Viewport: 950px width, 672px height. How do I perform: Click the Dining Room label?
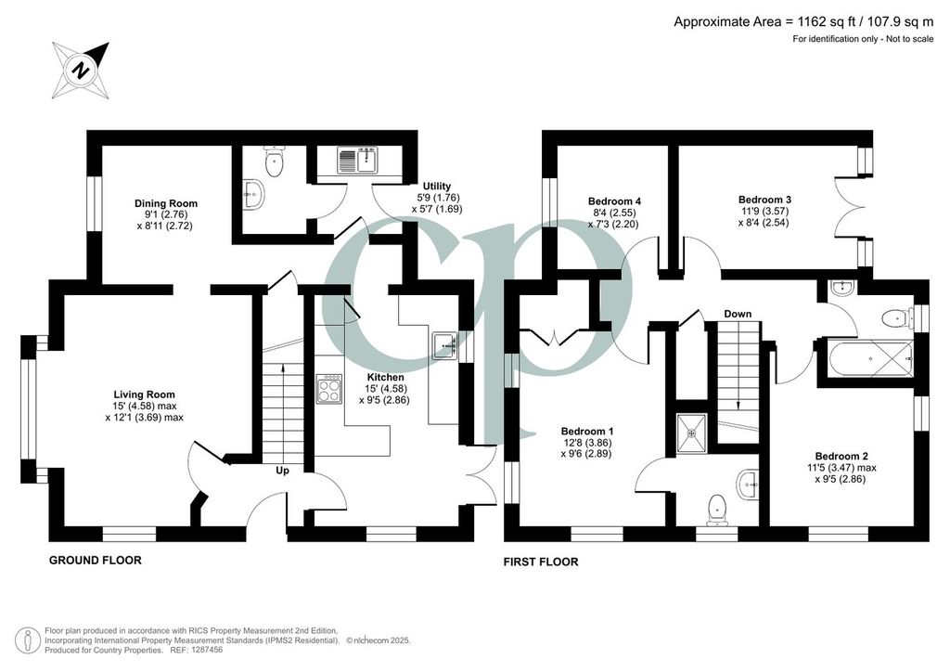pyautogui.click(x=166, y=203)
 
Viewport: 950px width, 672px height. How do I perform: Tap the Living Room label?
pyautogui.click(x=144, y=394)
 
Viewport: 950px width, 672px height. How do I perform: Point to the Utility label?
pyautogui.click(x=437, y=186)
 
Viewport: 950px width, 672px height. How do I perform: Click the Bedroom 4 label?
pyautogui.click(x=614, y=201)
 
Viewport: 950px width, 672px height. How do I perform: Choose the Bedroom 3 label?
pyautogui.click(x=764, y=200)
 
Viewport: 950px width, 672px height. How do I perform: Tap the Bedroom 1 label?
pyautogui.click(x=587, y=432)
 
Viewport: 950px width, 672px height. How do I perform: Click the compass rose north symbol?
pyautogui.click(x=81, y=71)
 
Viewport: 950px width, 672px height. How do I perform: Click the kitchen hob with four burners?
pyautogui.click(x=329, y=388)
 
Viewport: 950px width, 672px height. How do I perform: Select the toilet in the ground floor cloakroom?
pyautogui.click(x=275, y=162)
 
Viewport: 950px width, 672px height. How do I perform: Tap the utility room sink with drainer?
pyautogui.click(x=358, y=160)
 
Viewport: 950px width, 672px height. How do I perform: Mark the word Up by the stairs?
pyautogui.click(x=282, y=471)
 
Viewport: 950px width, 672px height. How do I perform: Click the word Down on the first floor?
pyautogui.click(x=738, y=314)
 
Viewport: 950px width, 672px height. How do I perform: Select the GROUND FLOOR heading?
pyautogui.click(x=96, y=561)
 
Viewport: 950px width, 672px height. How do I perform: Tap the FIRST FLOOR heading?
pyautogui.click(x=541, y=562)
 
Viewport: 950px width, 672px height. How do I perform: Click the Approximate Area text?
pyautogui.click(x=803, y=22)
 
